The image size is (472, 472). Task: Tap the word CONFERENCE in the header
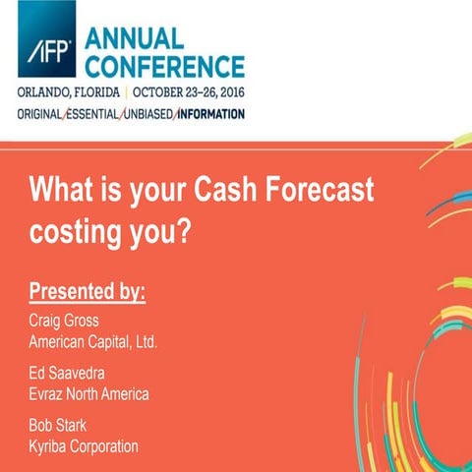(x=164, y=67)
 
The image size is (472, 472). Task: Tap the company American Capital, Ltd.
(x=93, y=341)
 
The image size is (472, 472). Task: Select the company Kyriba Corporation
(x=84, y=446)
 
